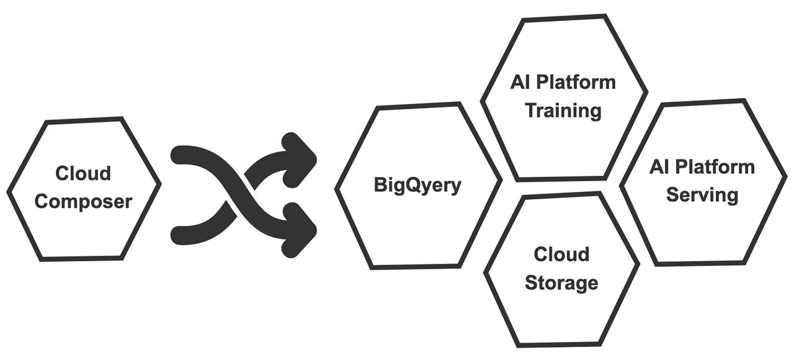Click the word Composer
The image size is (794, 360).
pyautogui.click(x=83, y=202)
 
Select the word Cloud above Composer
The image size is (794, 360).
pyautogui.click(x=83, y=173)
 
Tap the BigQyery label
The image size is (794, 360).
pyautogui.click(x=417, y=185)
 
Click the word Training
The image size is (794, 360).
pyautogui.click(x=563, y=110)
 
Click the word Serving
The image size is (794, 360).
pyautogui.click(x=702, y=195)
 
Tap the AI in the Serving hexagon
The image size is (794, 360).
pyautogui.click(x=659, y=166)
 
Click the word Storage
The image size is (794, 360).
pyautogui.click(x=561, y=283)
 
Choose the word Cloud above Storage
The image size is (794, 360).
pyautogui.click(x=561, y=254)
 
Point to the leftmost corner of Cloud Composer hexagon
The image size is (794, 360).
pyautogui.click(x=9, y=190)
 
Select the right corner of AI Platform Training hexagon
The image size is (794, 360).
pyautogui.click(x=646, y=93)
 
